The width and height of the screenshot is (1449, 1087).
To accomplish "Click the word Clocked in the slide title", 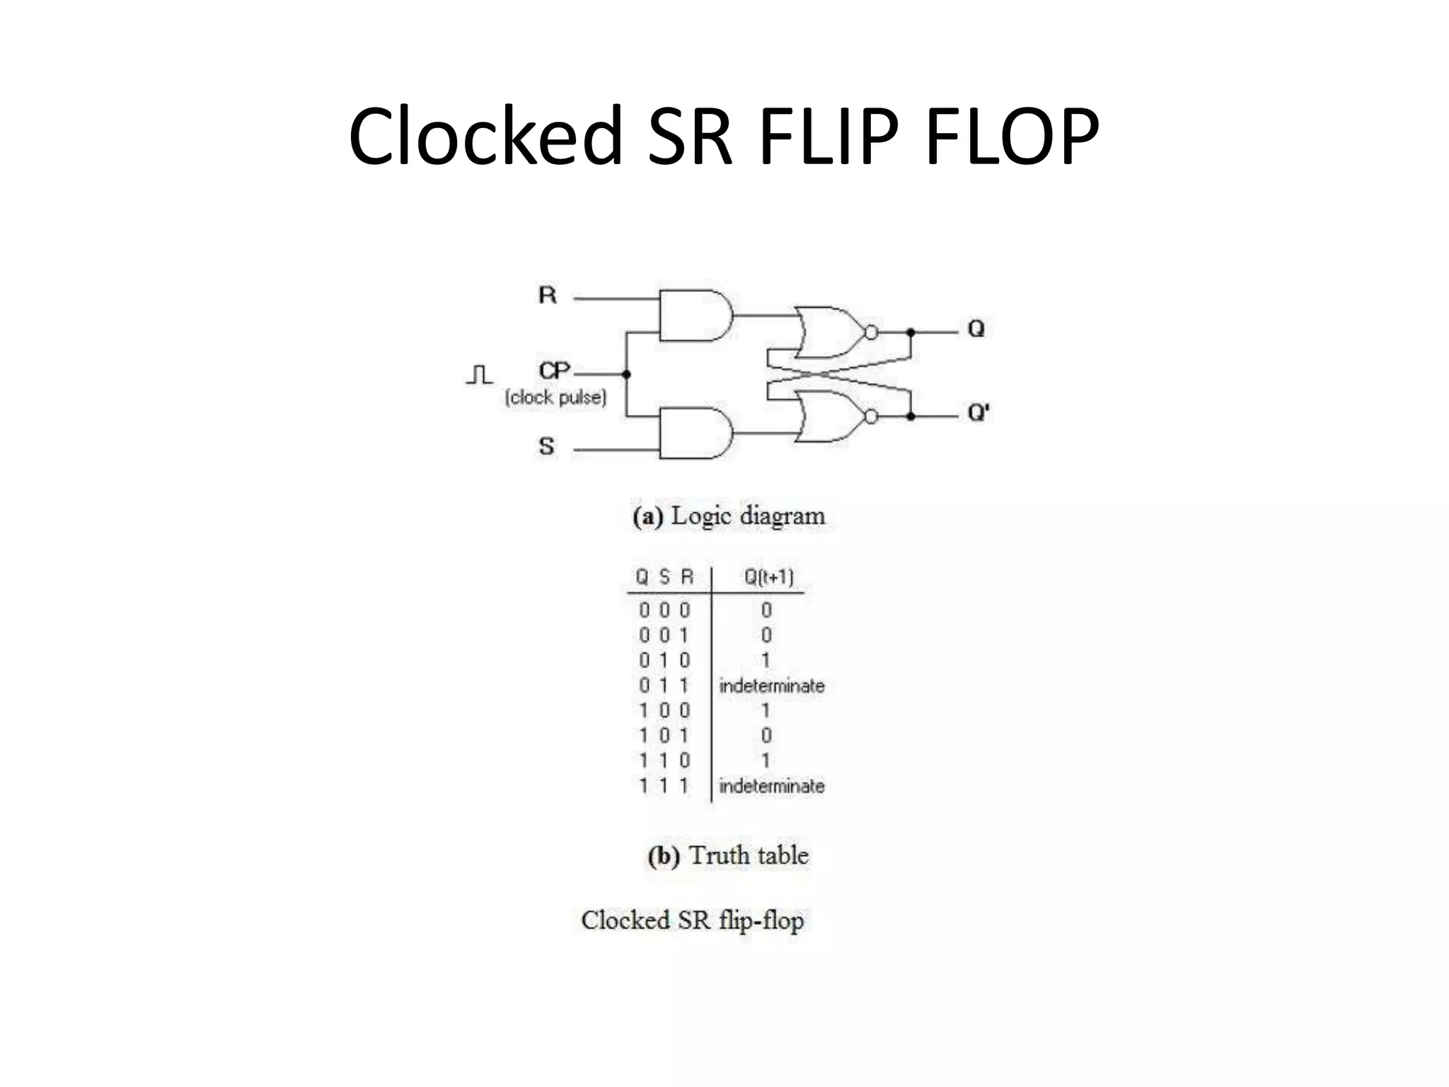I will tap(485, 136).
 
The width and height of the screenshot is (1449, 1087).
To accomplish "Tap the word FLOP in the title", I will tap(1012, 136).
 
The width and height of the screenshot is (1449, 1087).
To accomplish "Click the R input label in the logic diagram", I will tap(547, 295).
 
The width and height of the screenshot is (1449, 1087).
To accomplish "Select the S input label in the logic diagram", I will tap(546, 447).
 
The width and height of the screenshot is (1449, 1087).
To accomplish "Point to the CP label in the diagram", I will tap(554, 371).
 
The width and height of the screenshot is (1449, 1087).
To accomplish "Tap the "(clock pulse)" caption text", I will tap(555, 398).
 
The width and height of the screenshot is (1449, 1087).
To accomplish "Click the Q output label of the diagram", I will tap(976, 329).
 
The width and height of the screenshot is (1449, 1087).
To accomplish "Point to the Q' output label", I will tap(978, 413).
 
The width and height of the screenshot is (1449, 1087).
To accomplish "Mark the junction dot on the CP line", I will tap(626, 374).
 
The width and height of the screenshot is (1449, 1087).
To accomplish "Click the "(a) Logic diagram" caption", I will tap(729, 516).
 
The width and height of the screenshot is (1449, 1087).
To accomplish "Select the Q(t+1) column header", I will tap(768, 577).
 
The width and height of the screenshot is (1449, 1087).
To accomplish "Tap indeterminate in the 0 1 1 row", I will tap(771, 686).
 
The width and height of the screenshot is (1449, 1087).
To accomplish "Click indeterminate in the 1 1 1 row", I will tap(771, 786).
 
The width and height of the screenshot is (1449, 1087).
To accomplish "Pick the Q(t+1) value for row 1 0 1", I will tap(766, 736).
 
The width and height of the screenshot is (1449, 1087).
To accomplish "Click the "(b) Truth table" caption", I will tap(728, 856).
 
